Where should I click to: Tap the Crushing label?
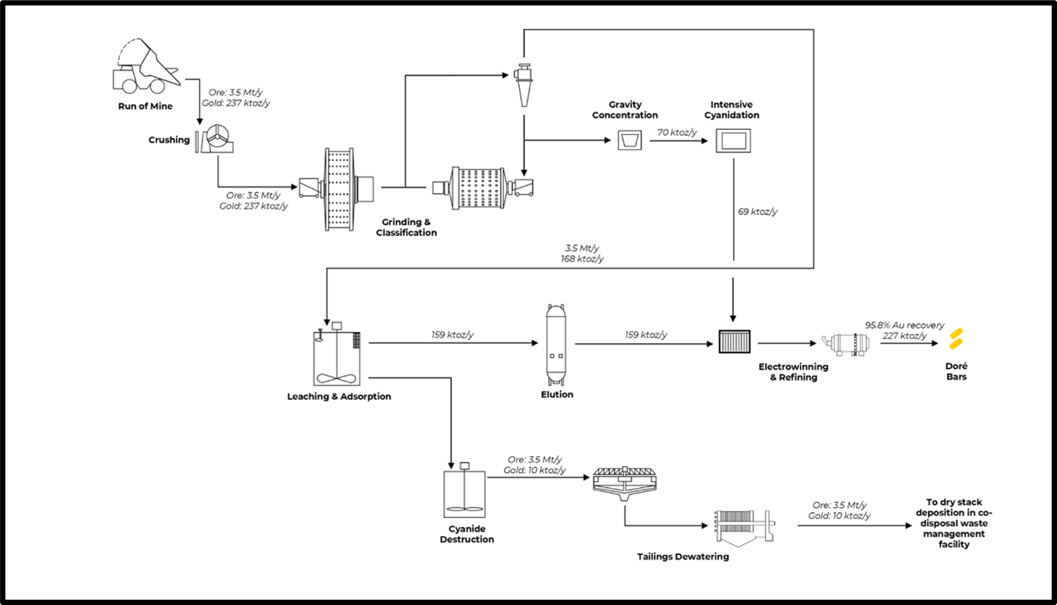pos(169,140)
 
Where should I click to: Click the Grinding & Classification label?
pos(406,228)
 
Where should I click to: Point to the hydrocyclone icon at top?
pos(523,84)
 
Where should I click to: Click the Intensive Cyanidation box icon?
pos(734,140)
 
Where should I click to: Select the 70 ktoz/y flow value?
pos(678,132)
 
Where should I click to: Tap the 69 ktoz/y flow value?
pos(757,212)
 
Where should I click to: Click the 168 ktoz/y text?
pos(584,259)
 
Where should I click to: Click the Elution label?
pos(557,395)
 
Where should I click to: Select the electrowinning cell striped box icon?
pos(734,342)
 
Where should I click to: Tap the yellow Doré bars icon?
pos(956,339)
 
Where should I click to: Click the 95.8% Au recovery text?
pos(904,326)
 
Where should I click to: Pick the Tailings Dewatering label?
pos(683,556)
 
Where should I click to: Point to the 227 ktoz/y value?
pos(904,336)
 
